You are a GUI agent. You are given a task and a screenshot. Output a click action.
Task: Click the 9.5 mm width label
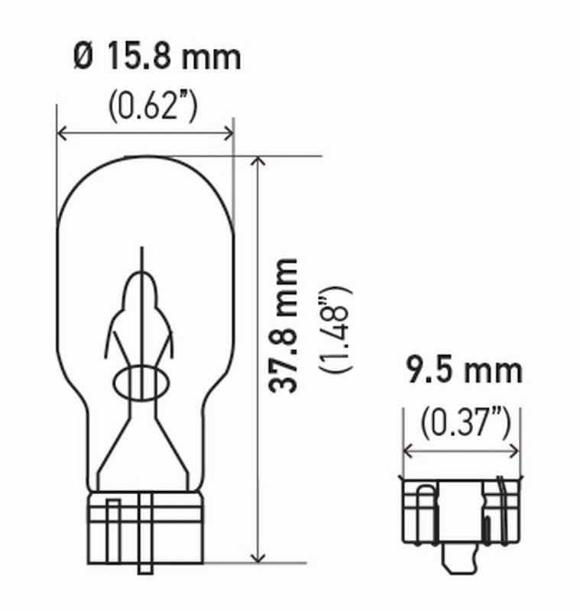click(x=463, y=372)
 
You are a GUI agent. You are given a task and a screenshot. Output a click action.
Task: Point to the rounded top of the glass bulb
click(x=145, y=164)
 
